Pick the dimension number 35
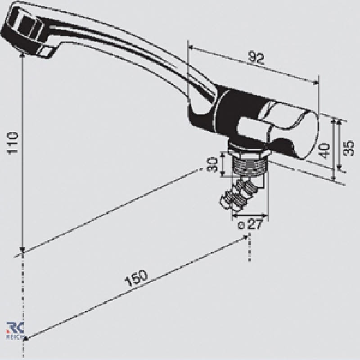[x=349, y=148]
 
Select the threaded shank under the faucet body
[x=249, y=165]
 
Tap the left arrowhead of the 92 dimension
[x=191, y=47]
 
